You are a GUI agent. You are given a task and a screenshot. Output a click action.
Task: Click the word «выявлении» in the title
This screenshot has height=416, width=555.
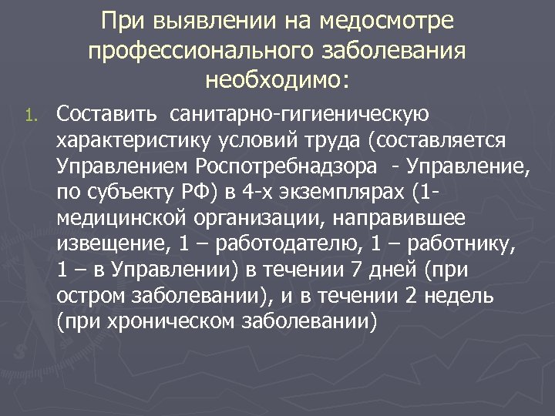[201, 23]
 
